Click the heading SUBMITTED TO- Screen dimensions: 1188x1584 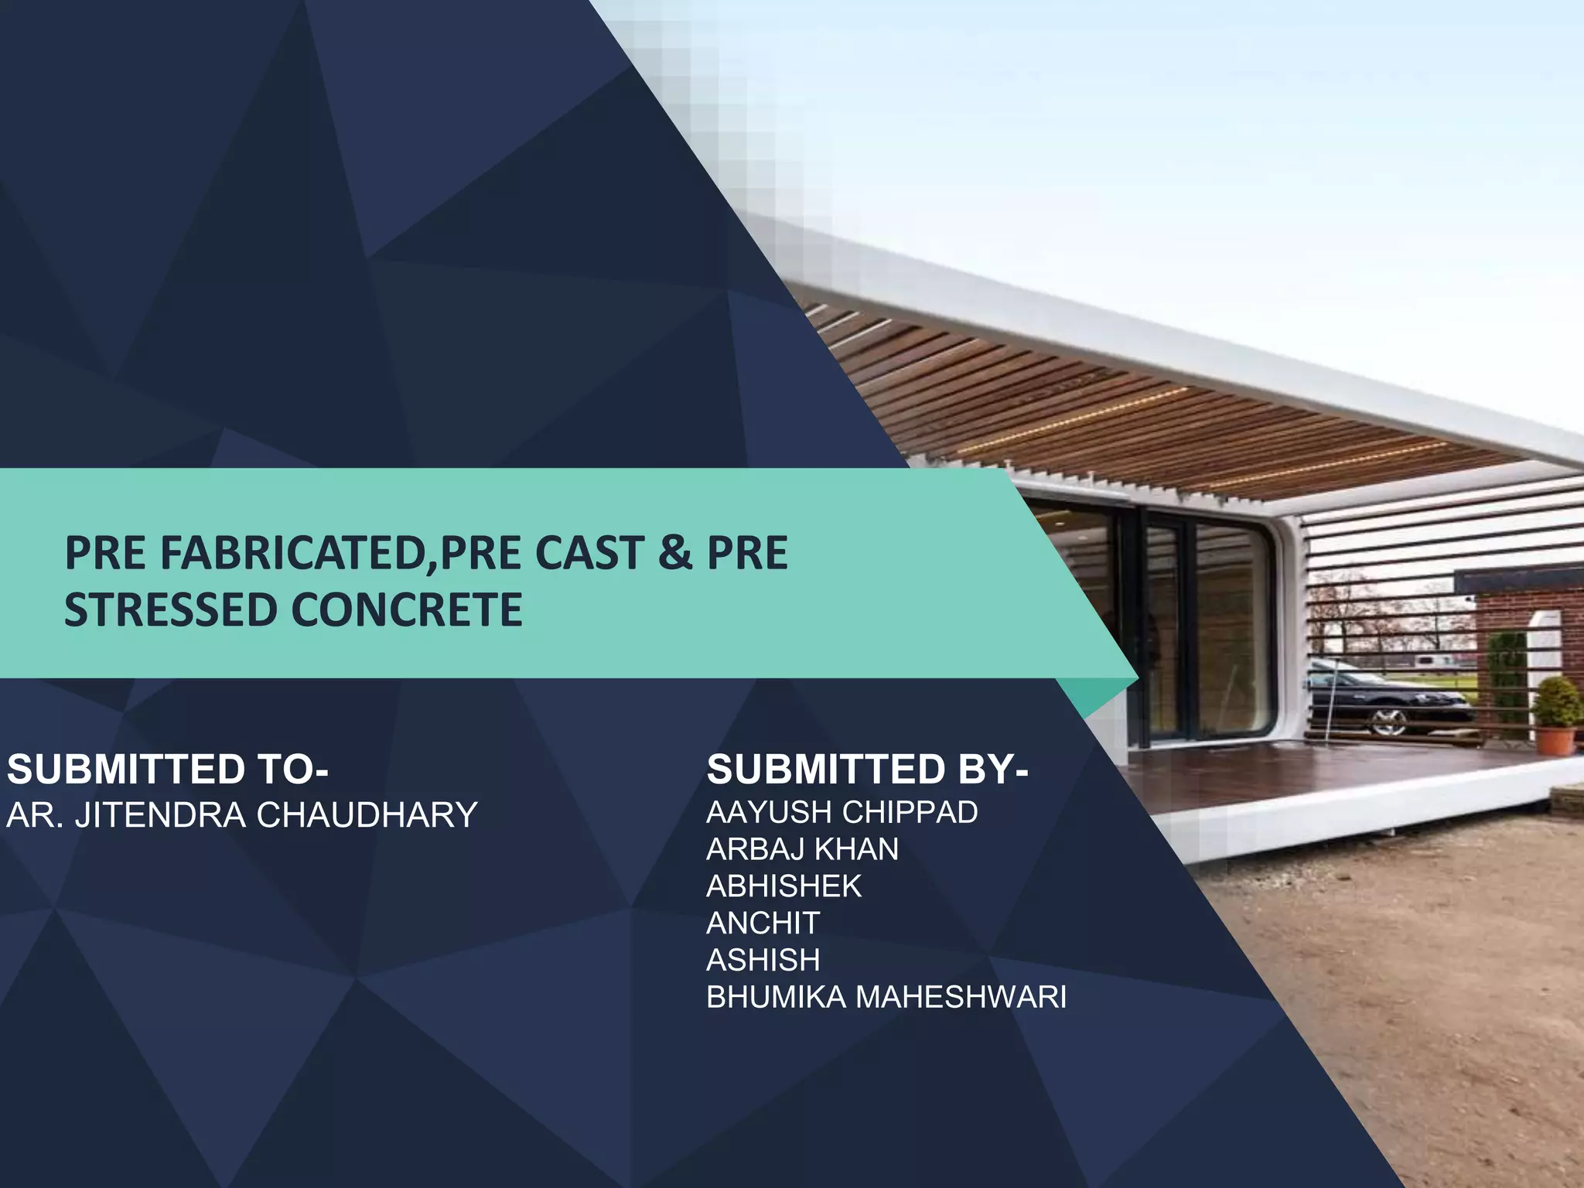coord(168,769)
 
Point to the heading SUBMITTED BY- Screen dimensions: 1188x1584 coord(867,769)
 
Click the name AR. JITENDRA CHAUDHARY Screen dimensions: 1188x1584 coord(242,815)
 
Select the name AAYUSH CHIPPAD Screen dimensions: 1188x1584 coord(841,812)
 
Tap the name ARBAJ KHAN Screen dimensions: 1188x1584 coord(802,849)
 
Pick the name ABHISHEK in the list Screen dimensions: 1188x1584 coord(783,886)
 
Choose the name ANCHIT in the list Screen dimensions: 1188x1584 coord(763,923)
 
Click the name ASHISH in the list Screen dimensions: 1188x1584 coord(763,960)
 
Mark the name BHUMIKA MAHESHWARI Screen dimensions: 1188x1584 coord(886,997)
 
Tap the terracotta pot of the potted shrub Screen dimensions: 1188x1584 coord(1555,739)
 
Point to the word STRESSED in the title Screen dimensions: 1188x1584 coord(170,609)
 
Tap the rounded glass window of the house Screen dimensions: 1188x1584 coord(1230,619)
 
